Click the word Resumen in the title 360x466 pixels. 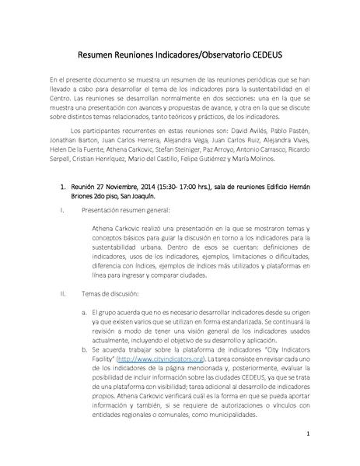[x=100, y=55]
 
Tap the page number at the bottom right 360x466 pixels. [x=308, y=433]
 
